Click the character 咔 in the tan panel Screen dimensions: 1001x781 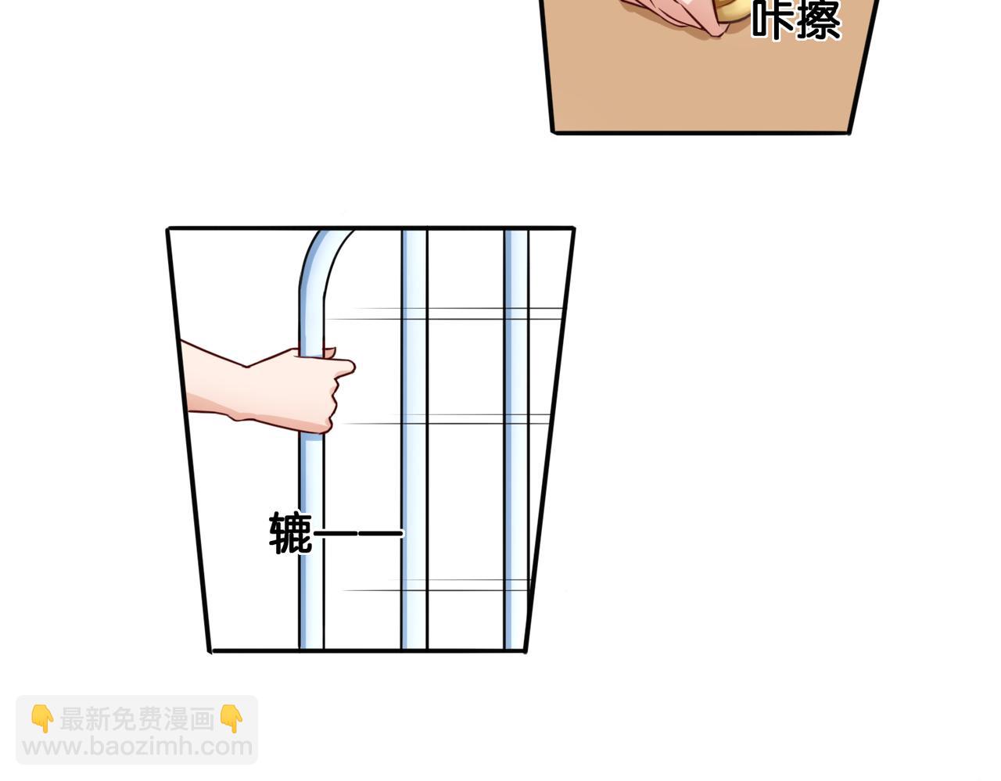[773, 20]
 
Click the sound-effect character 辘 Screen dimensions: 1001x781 [291, 533]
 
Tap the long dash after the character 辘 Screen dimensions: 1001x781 [358, 533]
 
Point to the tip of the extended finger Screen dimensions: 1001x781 [353, 367]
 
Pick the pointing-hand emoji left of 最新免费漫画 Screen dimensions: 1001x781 [42, 718]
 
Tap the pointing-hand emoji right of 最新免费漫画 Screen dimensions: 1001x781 [231, 718]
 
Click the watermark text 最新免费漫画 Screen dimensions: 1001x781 [137, 719]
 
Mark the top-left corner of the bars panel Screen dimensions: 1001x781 [167, 228]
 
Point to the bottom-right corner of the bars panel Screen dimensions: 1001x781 [526, 650]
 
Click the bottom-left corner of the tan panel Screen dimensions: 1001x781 [553, 133]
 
